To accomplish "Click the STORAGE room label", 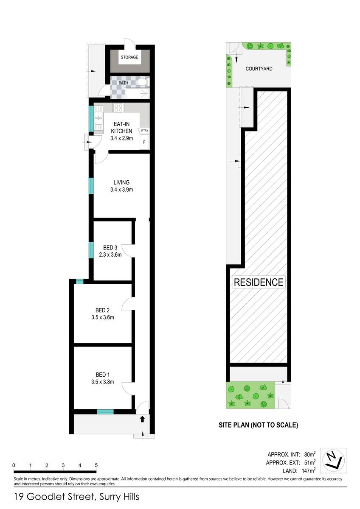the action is coord(129,57).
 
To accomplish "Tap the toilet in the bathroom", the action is coord(143,82).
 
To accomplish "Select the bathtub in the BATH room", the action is coord(138,93).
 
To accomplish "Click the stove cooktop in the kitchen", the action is coord(118,108).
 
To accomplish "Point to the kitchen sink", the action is coord(98,118).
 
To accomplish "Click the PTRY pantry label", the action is coord(145,131).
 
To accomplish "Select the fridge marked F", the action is coord(144,142).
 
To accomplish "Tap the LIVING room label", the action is coord(121,182).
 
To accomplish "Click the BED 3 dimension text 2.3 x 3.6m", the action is coord(110,255).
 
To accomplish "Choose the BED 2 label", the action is coord(102,310).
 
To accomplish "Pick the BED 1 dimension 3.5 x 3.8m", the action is coord(103,382).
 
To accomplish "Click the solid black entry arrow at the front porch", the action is coord(142,419).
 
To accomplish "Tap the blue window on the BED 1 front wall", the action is coord(105,412).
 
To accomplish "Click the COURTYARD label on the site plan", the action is coord(259,69).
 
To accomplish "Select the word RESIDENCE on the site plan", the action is coord(259,282).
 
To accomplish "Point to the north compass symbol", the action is coord(333,461).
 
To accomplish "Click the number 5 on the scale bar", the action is coord(96,465).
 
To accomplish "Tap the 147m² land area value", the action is coord(309,470).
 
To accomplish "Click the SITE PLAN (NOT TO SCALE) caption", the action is coord(259,425).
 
